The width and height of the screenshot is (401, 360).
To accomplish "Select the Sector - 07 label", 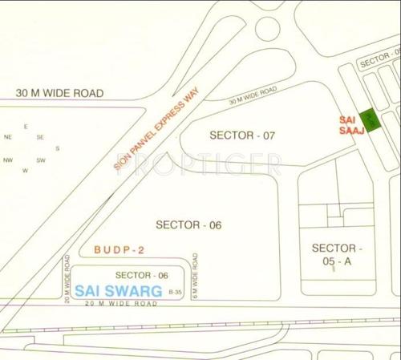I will [x=242, y=136].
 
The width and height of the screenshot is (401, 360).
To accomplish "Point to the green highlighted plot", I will [x=370, y=121].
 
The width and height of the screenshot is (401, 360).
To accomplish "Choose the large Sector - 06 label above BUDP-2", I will [x=188, y=224].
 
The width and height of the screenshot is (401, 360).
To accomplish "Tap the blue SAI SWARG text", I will [x=119, y=289].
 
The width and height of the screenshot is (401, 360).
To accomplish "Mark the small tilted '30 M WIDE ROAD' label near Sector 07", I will [x=253, y=96].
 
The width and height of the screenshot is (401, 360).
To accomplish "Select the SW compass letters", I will [x=40, y=160].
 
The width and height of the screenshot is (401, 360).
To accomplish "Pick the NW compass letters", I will [x=9, y=160].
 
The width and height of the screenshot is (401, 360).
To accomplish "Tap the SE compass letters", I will [x=40, y=137].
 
